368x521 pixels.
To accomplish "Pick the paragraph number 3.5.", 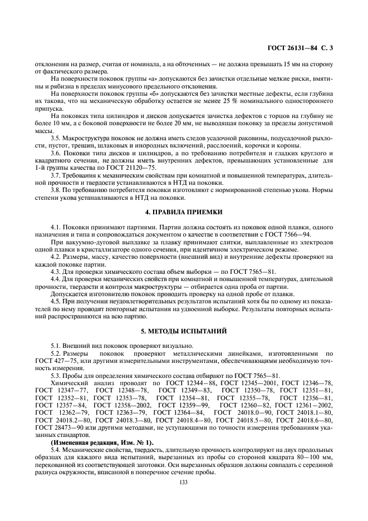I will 57,137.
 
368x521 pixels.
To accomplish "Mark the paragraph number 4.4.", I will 57,279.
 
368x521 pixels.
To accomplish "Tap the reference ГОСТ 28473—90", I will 58,427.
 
